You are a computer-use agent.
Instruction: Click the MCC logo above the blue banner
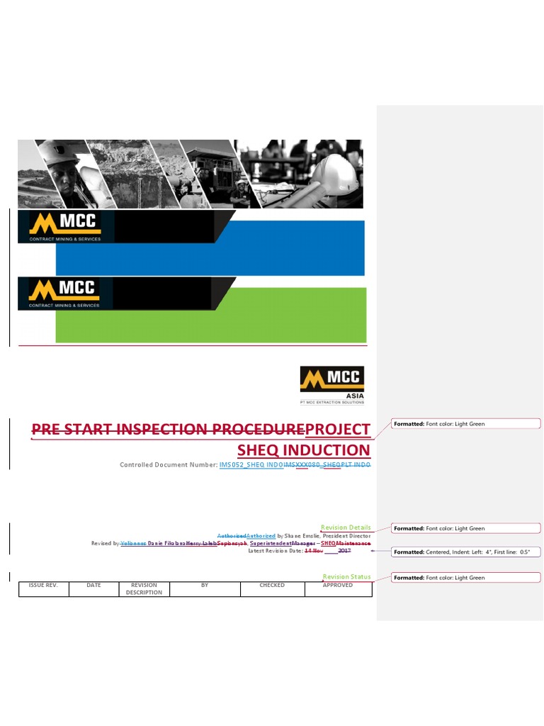(x=64, y=226)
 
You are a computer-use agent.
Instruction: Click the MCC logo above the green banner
(x=64, y=292)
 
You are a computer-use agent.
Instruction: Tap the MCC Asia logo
(x=331, y=384)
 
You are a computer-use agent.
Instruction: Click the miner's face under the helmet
(x=62, y=177)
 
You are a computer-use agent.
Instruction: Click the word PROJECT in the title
(x=337, y=429)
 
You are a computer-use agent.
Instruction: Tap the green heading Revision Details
(x=346, y=527)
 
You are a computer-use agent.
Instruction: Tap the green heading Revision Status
(x=346, y=577)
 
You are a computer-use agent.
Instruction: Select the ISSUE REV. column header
(x=43, y=586)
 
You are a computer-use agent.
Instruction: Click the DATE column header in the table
(x=93, y=586)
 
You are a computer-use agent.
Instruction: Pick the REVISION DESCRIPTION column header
(x=144, y=588)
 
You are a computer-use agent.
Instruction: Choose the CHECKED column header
(x=272, y=586)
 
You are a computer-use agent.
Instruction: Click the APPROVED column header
(x=337, y=586)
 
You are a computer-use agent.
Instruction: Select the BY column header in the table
(x=205, y=586)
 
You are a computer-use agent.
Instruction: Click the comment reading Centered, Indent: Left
(x=466, y=552)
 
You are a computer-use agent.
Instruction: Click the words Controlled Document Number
(x=169, y=465)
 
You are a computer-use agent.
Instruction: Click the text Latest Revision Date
(x=275, y=551)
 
